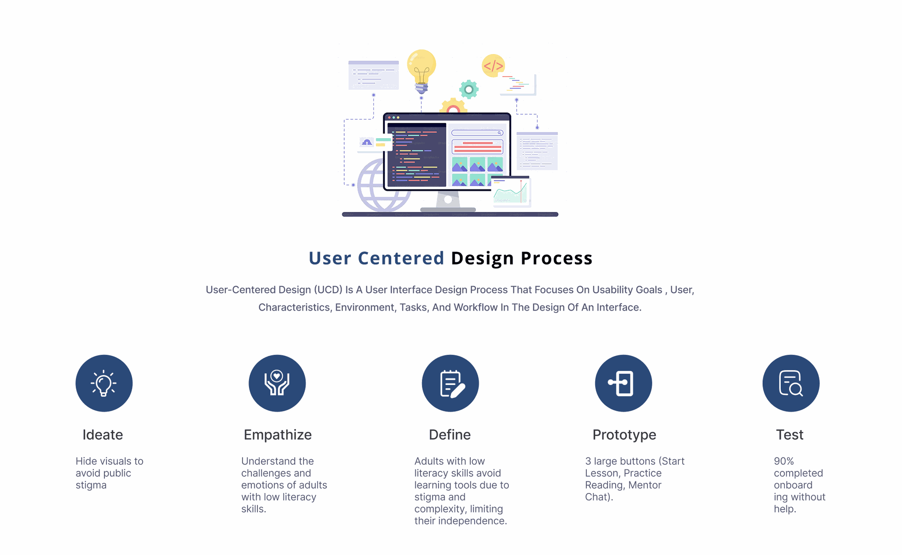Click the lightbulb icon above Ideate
pos(104,383)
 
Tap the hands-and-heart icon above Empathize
pos(277,383)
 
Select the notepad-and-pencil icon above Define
pos(450,383)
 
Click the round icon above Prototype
pos(623,383)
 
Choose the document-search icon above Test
pos(791,383)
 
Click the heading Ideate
pos(103,435)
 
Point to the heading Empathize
pos(278,435)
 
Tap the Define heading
pos(450,435)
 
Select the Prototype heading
pos(624,435)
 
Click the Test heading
pos(790,435)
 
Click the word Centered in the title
pos(401,258)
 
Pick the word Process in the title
pos(557,258)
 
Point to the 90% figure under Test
pos(784,461)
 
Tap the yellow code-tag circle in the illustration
pos(493,66)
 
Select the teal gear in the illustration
pos(469,89)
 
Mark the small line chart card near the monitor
pos(511,191)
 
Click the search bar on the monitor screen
pos(477,133)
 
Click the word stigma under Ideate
pos(91,485)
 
